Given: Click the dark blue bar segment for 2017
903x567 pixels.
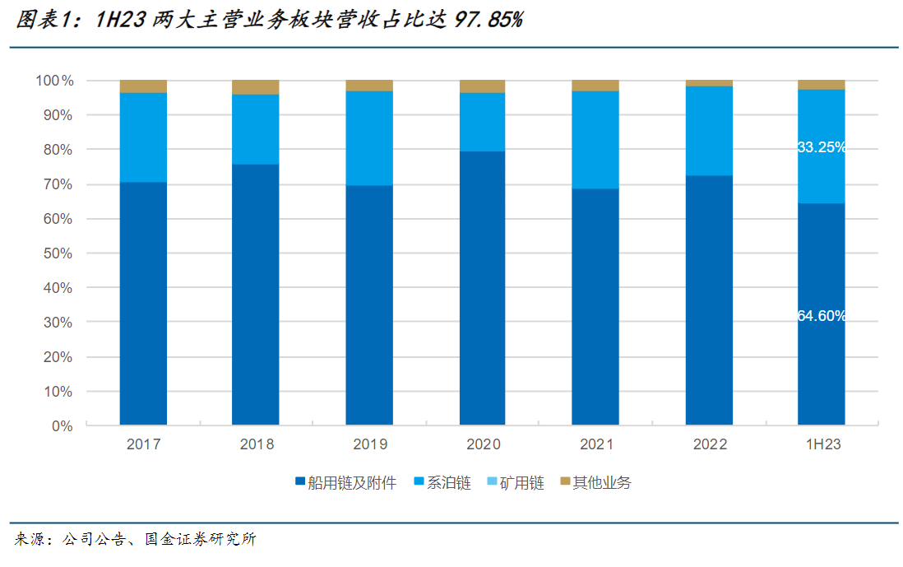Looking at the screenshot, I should tap(143, 303).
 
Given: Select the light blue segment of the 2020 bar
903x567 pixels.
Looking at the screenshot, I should tap(483, 122).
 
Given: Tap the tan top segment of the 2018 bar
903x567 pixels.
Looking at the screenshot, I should tap(256, 87).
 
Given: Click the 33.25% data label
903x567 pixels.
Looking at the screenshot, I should tap(822, 147).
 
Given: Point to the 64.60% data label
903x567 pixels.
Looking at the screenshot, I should tap(822, 315).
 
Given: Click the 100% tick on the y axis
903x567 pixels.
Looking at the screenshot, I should tap(54, 81).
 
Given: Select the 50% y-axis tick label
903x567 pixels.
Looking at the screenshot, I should tap(58, 253).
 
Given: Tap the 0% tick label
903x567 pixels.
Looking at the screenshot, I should tap(62, 426).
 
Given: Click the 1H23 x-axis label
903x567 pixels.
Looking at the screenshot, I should tap(822, 444).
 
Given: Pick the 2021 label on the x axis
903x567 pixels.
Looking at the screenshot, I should tap(596, 444).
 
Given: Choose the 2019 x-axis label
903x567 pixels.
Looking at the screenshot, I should tap(369, 444).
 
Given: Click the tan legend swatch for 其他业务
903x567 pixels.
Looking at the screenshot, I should tap(565, 481).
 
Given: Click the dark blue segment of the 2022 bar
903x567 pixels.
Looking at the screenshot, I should tap(709, 300).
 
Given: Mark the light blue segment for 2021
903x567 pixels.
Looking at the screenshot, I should tap(595, 140).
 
